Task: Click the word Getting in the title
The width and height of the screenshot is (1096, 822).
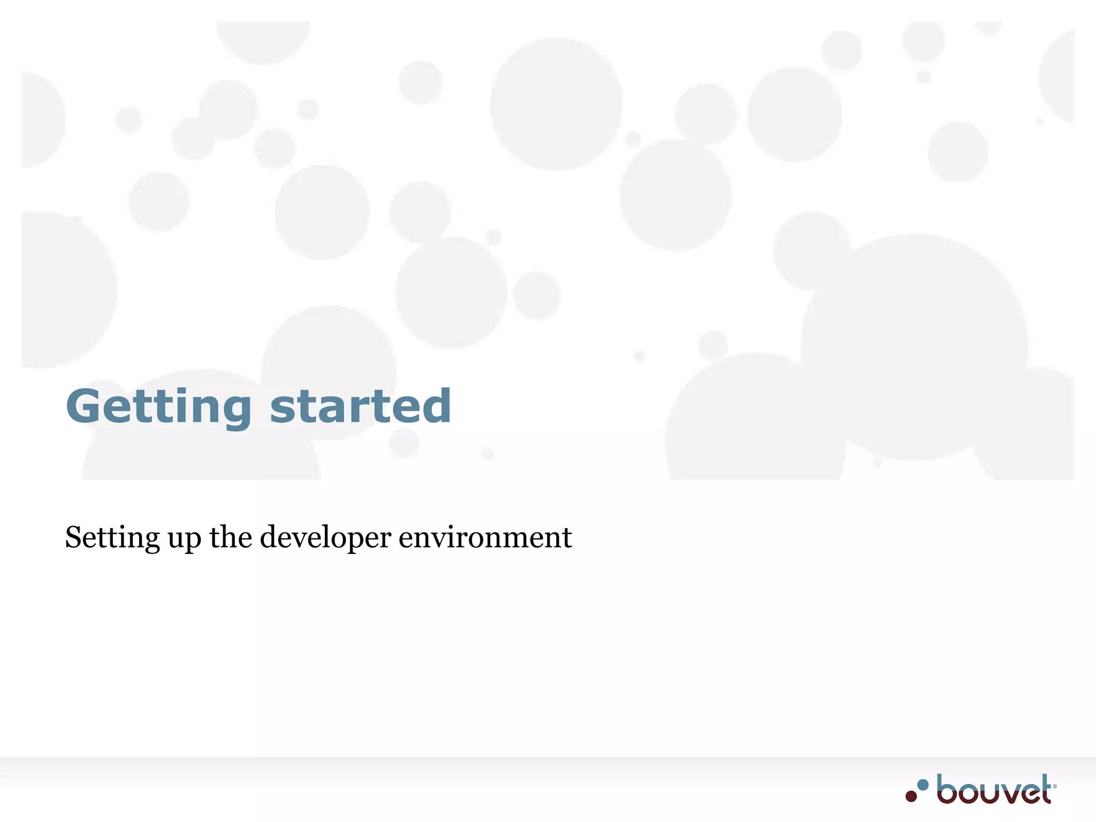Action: click(x=158, y=407)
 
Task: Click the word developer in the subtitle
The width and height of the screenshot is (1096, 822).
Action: click(x=325, y=538)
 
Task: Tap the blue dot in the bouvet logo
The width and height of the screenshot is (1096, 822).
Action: click(x=923, y=785)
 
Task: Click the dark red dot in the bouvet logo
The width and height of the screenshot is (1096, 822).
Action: click(x=911, y=796)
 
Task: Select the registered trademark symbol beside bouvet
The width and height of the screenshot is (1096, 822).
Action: click(x=1054, y=786)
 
